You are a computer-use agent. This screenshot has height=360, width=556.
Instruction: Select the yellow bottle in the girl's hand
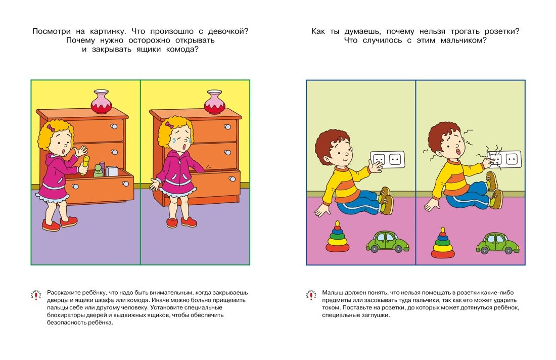pyautogui.click(x=85, y=165)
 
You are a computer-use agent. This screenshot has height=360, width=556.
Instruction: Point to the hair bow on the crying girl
pyautogui.click(x=169, y=125)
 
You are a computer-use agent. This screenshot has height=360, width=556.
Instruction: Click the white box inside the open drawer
pyautogui.click(x=111, y=171)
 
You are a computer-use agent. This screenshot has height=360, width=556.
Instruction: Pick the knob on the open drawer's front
pyautogui.click(x=75, y=186)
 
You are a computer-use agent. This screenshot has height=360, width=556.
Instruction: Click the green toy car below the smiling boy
pyautogui.click(x=387, y=242)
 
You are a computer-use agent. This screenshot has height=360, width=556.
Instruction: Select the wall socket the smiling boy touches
pyautogui.click(x=388, y=159)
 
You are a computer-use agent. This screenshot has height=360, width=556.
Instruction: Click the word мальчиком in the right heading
pyautogui.click(x=463, y=40)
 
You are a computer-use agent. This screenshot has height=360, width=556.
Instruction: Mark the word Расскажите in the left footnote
pyautogui.click(x=64, y=293)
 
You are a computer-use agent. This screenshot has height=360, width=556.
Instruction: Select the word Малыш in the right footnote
pyautogui.click(x=332, y=293)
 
